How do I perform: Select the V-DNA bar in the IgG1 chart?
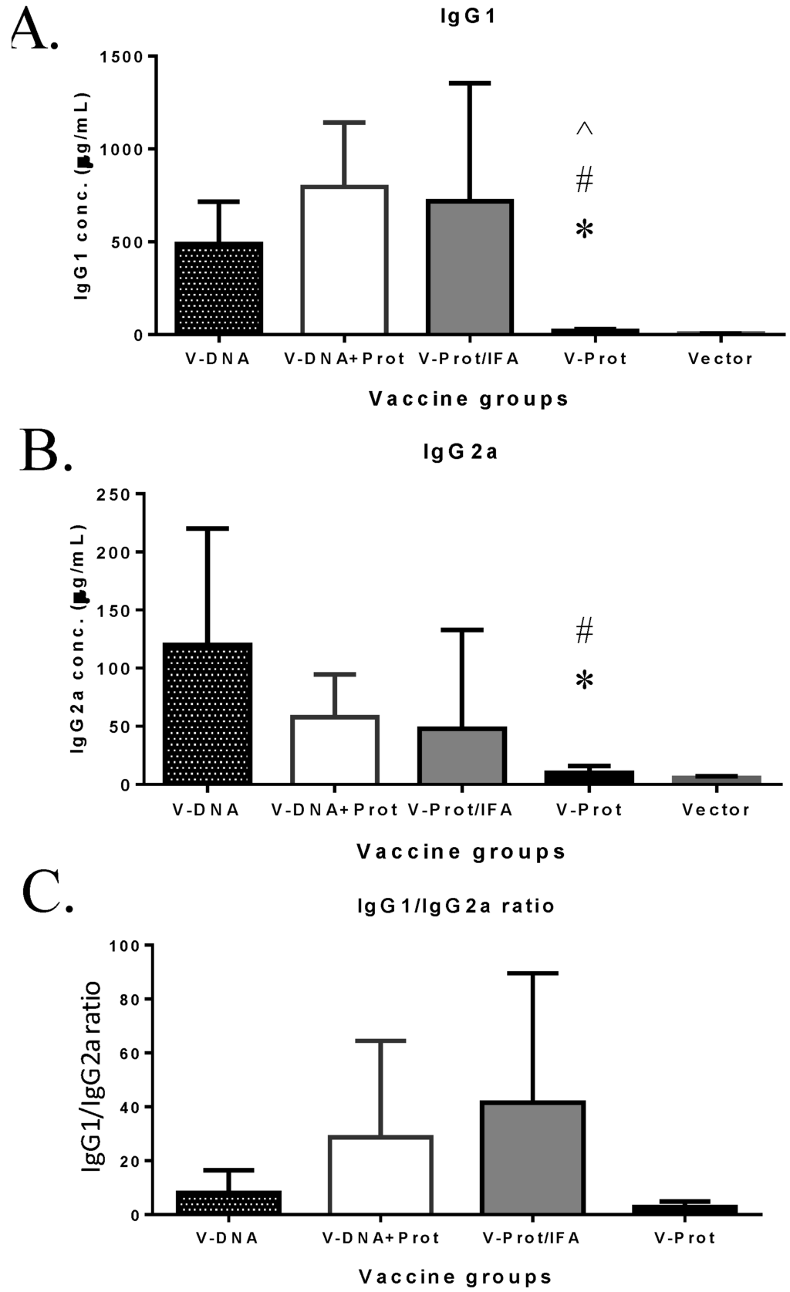(x=219, y=288)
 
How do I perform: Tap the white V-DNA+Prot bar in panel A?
(x=344, y=260)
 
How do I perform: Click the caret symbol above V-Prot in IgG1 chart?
(x=584, y=129)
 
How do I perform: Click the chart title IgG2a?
(x=461, y=451)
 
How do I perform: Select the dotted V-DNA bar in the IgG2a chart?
(x=208, y=713)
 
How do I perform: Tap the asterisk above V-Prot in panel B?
(x=584, y=680)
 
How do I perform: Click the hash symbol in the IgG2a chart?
(x=584, y=631)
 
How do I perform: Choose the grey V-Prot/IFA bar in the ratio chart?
(x=532, y=1157)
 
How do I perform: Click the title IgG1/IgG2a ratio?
(x=456, y=905)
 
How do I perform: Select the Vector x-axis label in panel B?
(x=716, y=809)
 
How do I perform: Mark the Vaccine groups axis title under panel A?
(x=468, y=399)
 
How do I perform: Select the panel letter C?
(x=46, y=895)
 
